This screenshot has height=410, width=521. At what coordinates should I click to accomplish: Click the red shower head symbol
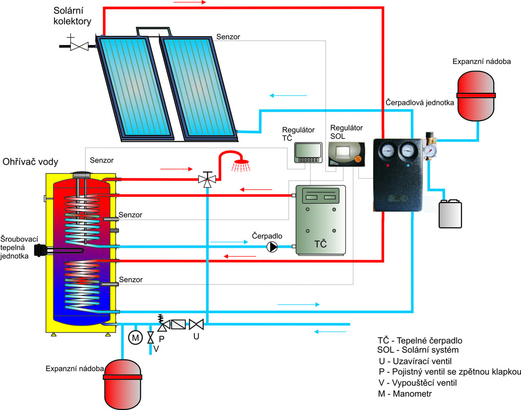tap(242, 162)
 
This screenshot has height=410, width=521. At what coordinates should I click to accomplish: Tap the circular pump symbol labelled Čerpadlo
tap(272, 247)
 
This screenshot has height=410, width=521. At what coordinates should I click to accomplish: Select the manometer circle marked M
tap(135, 338)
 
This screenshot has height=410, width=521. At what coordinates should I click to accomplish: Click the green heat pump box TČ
tap(320, 220)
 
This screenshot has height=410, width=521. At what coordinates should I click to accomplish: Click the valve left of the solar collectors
tap(79, 46)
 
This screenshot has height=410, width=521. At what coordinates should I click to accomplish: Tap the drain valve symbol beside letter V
tap(150, 338)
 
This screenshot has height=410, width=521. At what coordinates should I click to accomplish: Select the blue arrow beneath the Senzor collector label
tap(288, 95)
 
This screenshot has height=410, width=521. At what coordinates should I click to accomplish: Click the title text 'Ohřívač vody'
tap(31, 162)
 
